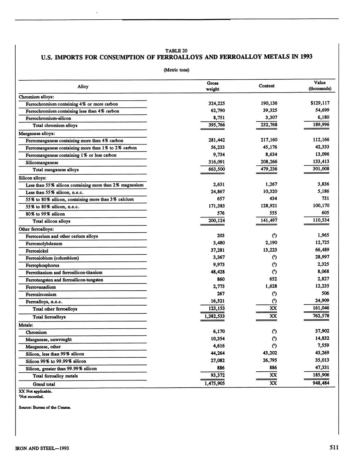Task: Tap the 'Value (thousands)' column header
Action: click(320, 86)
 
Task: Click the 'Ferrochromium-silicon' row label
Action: click(49, 118)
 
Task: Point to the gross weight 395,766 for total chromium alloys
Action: click(216, 125)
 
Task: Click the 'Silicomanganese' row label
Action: click(42, 162)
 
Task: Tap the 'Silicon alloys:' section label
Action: click(32, 178)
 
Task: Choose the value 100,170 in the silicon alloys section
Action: click(320, 206)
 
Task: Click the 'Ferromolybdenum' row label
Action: click(44, 243)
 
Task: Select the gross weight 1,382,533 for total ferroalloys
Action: click(214, 316)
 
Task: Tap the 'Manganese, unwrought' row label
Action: click(49, 339)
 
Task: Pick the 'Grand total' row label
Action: click(44, 384)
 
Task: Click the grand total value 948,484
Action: click(320, 383)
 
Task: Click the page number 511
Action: click(334, 448)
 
